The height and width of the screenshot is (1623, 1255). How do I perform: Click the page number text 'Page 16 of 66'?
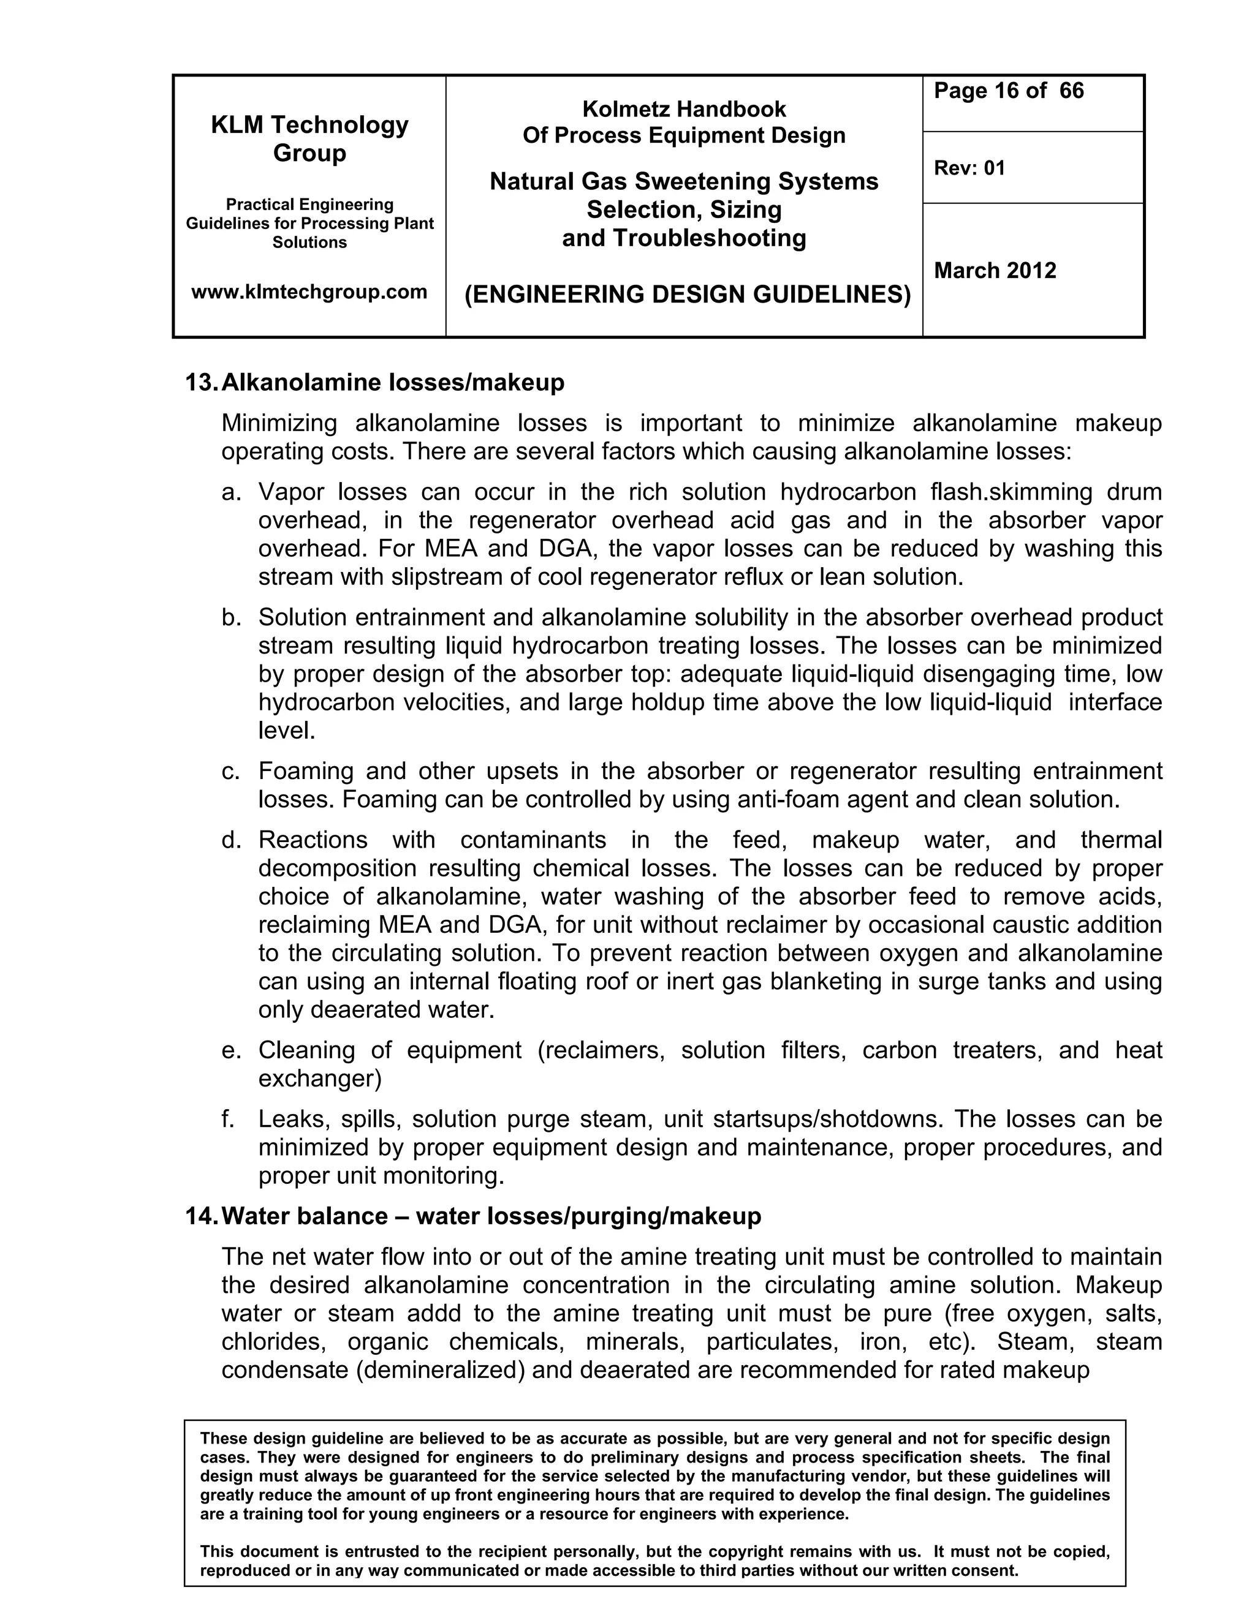pyautogui.click(x=1008, y=91)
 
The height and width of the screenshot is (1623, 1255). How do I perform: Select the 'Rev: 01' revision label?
pyautogui.click(x=969, y=168)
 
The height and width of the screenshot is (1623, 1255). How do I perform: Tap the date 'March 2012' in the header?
pyautogui.click(x=994, y=271)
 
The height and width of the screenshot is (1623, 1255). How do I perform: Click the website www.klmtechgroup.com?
pyautogui.click(x=309, y=292)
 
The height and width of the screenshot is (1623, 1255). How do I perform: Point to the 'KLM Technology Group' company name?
pyautogui.click(x=309, y=139)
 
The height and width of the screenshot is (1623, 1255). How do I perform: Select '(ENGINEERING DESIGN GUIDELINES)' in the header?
pyautogui.click(x=687, y=295)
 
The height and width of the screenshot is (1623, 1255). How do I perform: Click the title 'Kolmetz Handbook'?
pyautogui.click(x=683, y=109)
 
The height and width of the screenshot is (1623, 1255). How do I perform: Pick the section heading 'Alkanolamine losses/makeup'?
pyautogui.click(x=393, y=383)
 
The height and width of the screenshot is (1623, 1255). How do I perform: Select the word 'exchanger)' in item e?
pyautogui.click(x=320, y=1079)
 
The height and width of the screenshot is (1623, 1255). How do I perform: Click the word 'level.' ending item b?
pyautogui.click(x=287, y=731)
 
